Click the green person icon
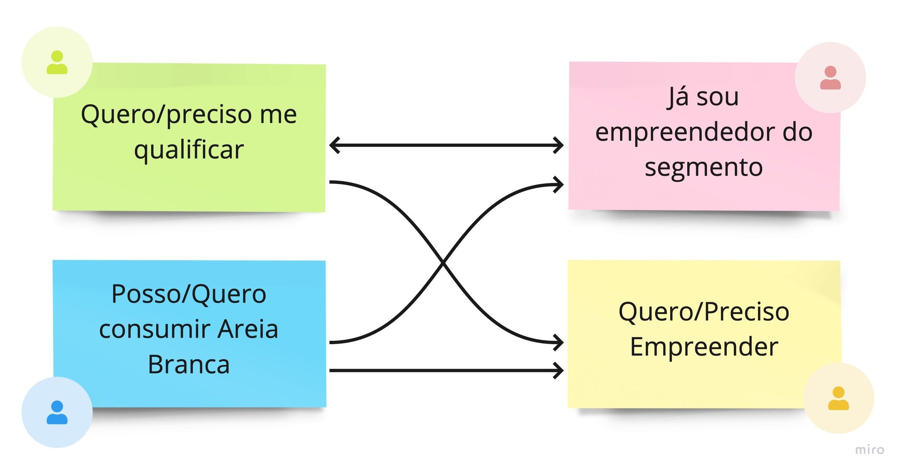pyautogui.click(x=57, y=62)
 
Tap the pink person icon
pyautogui.click(x=830, y=77)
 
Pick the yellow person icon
pyautogui.click(x=838, y=398)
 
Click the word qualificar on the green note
pyautogui.click(x=189, y=150)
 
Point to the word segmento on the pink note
pyautogui.click(x=704, y=167)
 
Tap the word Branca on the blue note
pyautogui.click(x=189, y=364)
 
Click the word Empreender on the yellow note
pyautogui.click(x=704, y=347)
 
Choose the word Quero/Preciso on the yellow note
pyautogui.click(x=704, y=311)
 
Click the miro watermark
pyautogui.click(x=870, y=450)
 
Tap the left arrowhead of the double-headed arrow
pyautogui.click(x=334, y=145)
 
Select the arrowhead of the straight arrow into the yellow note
pyautogui.click(x=559, y=370)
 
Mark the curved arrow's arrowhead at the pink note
pyautogui.click(x=559, y=185)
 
